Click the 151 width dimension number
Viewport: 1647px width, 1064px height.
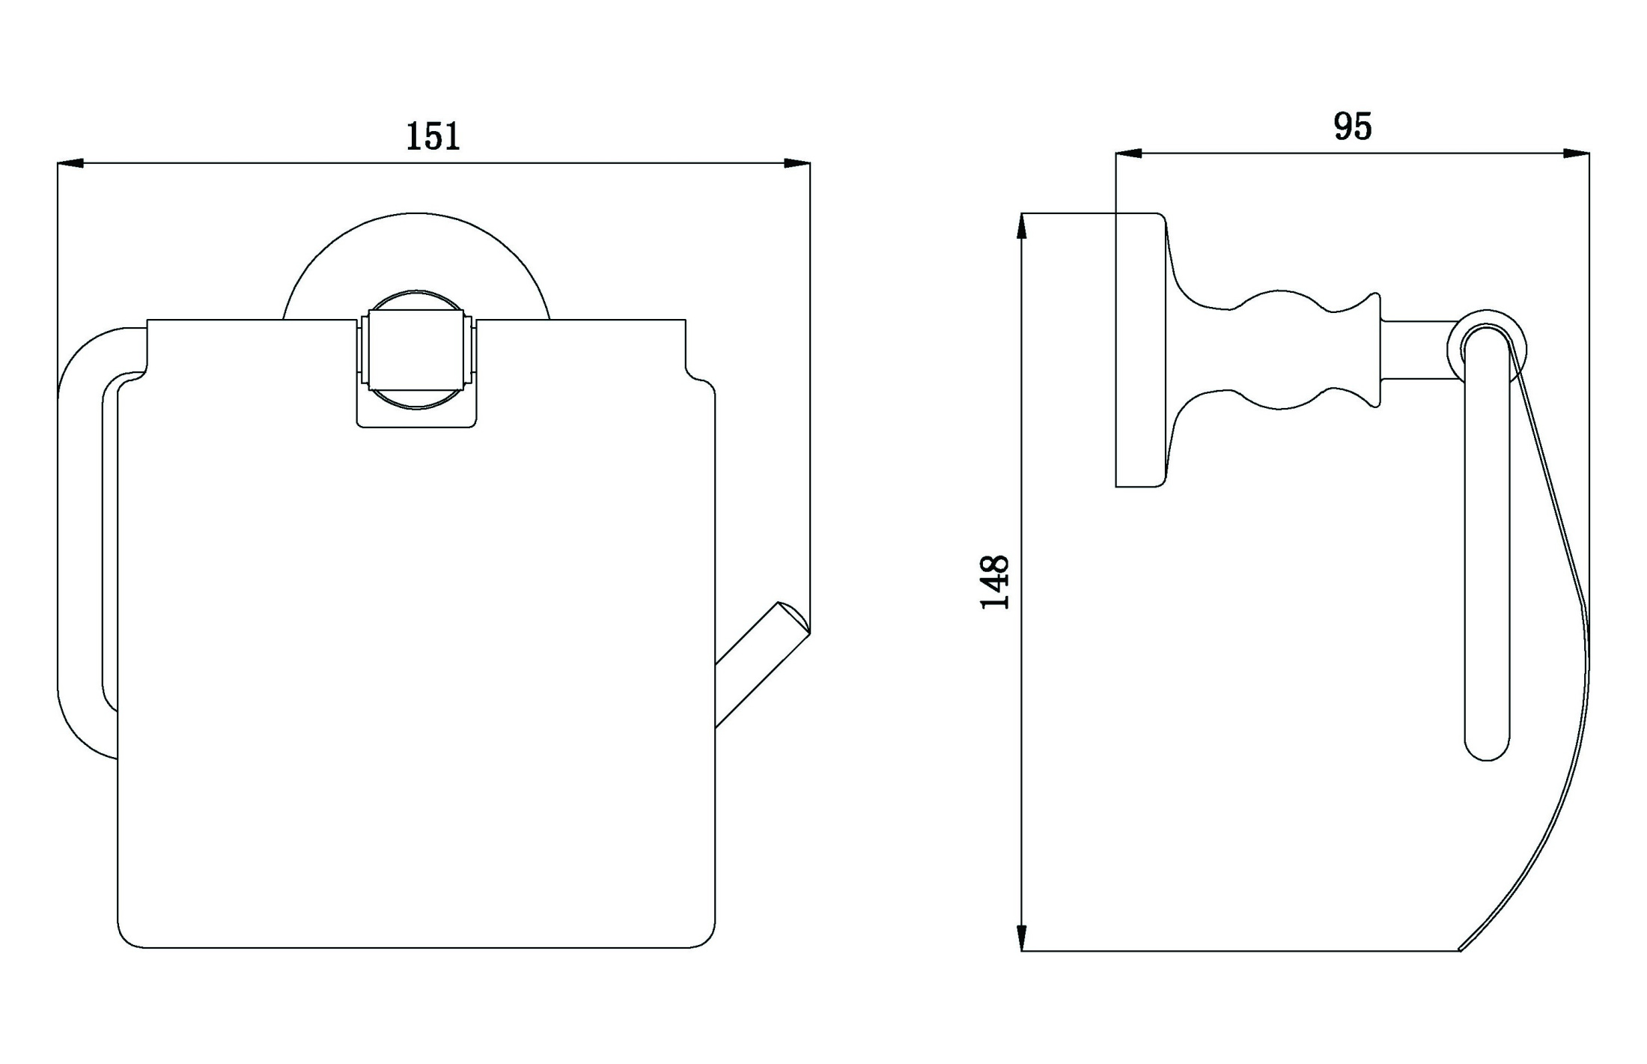coord(433,136)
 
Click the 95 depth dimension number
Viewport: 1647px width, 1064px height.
coord(1353,127)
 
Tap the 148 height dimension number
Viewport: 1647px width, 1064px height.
coord(995,583)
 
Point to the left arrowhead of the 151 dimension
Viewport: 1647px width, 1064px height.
coord(70,162)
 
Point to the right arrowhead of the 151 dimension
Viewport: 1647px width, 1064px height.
coord(797,162)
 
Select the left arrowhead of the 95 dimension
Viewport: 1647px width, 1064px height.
coord(1129,153)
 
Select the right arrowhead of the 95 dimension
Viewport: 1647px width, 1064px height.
coord(1576,153)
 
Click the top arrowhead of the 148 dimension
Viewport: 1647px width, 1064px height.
coord(1022,227)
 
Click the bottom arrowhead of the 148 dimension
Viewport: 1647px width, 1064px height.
coord(1022,937)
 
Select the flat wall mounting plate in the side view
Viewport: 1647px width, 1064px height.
coord(1141,350)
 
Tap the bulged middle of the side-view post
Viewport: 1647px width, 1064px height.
coord(1280,350)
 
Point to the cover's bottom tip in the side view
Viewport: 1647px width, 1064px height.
coord(1461,950)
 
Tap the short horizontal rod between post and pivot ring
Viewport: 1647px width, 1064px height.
coord(1418,350)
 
